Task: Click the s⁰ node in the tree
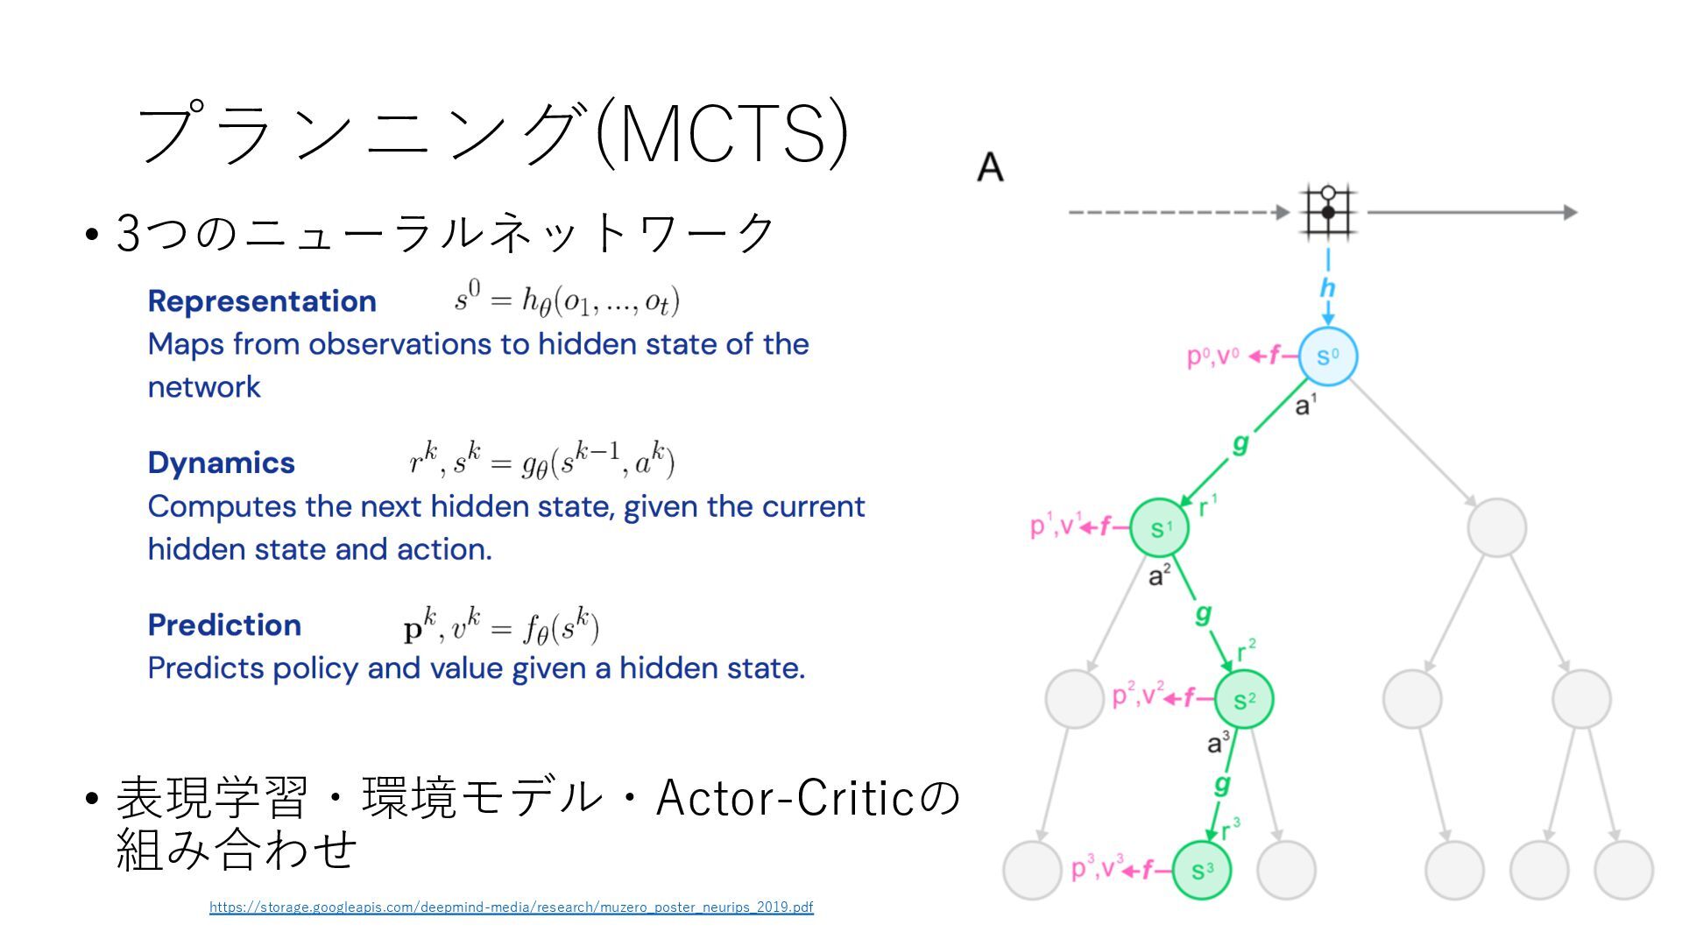point(1327,357)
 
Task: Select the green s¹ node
point(1159,528)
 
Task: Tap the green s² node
point(1244,700)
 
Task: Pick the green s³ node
point(1202,871)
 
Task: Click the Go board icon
point(1328,211)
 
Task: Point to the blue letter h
point(1327,287)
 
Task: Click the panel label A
point(990,166)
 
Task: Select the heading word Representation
point(262,301)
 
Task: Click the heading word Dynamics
point(221,463)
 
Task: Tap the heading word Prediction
point(224,625)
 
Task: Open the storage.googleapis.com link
point(511,907)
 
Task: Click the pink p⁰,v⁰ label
point(1212,357)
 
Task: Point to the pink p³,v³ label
point(1097,869)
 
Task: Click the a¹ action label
point(1305,406)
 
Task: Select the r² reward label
point(1247,651)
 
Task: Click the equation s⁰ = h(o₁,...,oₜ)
point(567,300)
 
